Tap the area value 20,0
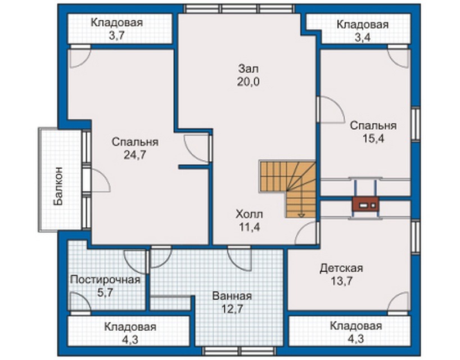point(248,82)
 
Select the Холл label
point(249,214)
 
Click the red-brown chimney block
point(366,204)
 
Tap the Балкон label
point(58,186)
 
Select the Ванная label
point(232,296)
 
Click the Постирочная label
point(105,280)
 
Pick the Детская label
point(341,268)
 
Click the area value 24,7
point(134,155)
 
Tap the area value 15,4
point(373,138)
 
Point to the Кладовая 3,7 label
point(117,29)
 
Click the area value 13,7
point(341,281)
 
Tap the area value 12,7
point(232,309)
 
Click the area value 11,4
point(249,227)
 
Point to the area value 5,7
point(106,292)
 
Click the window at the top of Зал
point(240,8)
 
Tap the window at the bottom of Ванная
point(240,351)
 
